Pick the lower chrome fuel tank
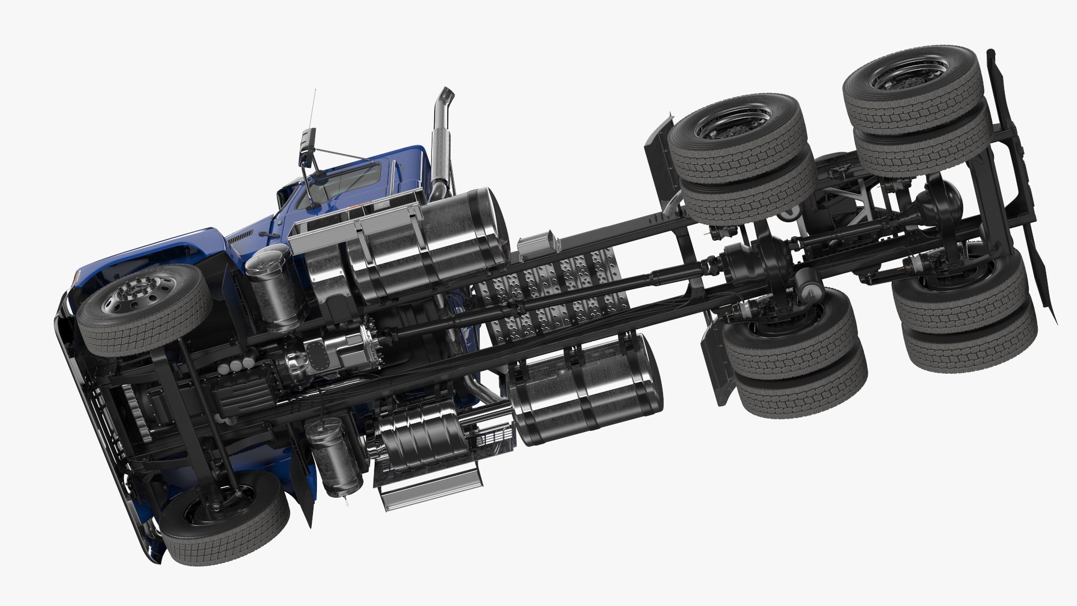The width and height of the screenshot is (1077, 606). pos(586,388)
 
